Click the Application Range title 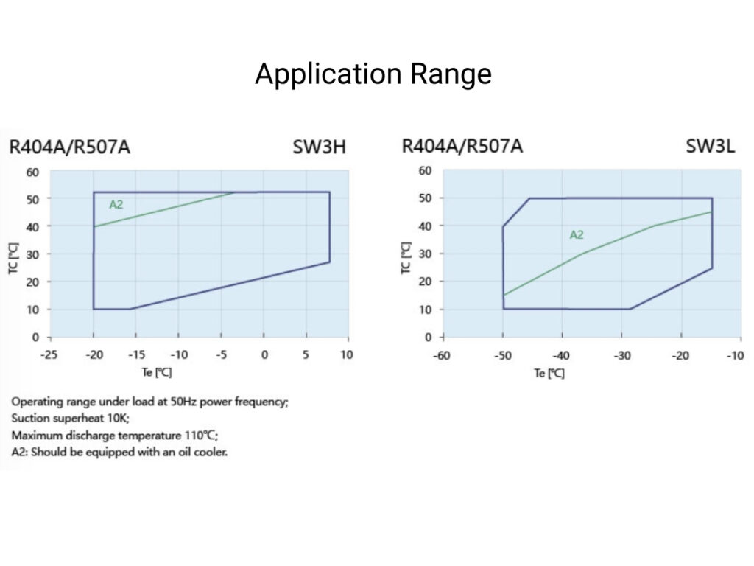coord(373,74)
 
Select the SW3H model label coord(318,147)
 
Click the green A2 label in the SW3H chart coord(116,205)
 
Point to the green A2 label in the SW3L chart coord(577,235)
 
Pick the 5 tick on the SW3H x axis coord(306,355)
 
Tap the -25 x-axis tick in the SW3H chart coord(50,355)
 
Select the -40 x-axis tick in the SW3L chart coord(562,355)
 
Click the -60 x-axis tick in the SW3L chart coord(443,355)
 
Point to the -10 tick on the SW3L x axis coord(734,355)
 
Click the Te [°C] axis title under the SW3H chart coord(157,373)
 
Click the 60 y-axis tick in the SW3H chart coord(32,172)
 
